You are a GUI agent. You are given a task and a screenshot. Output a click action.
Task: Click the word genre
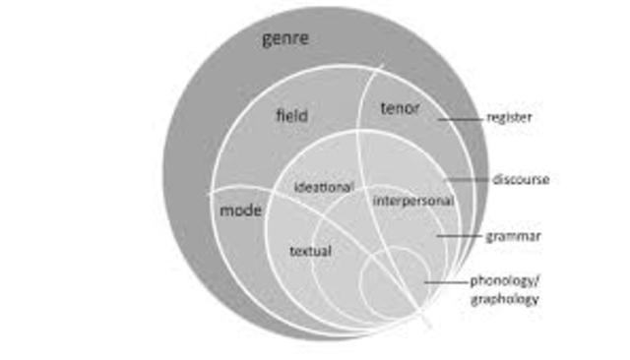285,39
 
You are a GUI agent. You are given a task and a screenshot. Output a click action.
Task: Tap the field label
289,116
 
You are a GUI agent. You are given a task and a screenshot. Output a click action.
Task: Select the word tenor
399,108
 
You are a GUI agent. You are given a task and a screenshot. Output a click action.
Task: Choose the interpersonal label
412,201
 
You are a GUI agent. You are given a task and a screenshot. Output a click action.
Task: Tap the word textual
310,251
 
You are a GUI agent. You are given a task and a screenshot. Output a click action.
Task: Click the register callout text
509,117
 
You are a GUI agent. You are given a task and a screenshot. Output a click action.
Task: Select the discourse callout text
520,179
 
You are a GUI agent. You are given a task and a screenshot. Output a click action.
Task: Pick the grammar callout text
513,236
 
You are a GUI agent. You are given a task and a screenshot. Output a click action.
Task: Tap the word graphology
504,298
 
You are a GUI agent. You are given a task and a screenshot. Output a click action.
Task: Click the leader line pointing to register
461,118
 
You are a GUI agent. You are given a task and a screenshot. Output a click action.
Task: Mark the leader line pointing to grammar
459,236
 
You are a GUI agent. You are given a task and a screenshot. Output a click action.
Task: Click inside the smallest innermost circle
392,285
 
